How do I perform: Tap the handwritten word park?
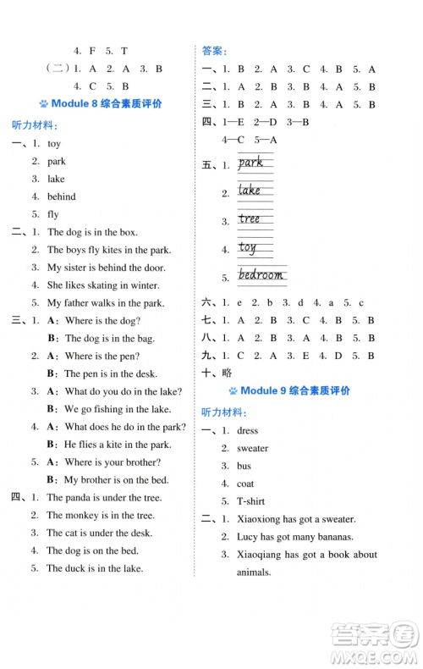(x=250, y=163)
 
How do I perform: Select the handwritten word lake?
(x=250, y=191)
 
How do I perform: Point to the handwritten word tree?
(x=250, y=218)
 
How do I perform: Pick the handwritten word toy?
(x=247, y=247)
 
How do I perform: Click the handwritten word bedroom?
(x=261, y=275)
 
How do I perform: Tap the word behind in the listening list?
(x=62, y=196)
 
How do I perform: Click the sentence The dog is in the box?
(x=92, y=232)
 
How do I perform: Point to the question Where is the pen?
(x=102, y=357)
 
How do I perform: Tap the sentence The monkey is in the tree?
(x=101, y=515)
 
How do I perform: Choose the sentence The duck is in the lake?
(x=95, y=568)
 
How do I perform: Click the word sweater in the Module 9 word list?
(x=252, y=449)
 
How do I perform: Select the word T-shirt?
(x=250, y=501)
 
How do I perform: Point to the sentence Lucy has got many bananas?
(x=294, y=537)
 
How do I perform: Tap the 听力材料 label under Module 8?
(x=36, y=124)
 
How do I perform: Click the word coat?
(x=246, y=484)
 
